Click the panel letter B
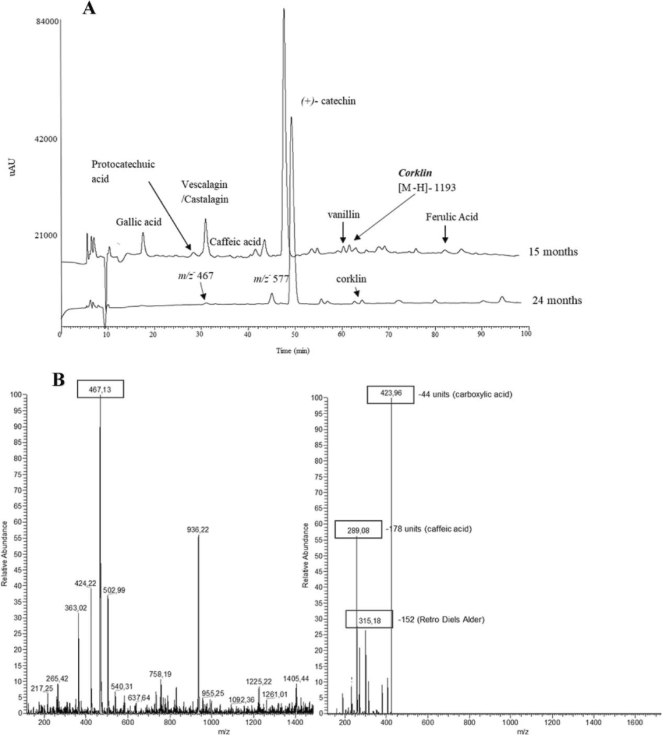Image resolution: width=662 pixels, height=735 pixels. coord(59,380)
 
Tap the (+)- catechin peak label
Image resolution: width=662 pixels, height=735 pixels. coord(328,101)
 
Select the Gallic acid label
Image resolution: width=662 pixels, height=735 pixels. coord(139,221)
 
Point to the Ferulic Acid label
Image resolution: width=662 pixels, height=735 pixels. coord(452,217)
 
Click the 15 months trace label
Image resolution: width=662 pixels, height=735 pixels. coord(553,252)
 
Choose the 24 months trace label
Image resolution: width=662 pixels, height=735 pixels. coord(558,301)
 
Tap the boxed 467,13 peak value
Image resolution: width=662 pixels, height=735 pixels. coord(101,389)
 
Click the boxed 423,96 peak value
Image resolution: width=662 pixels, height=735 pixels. coord(390,394)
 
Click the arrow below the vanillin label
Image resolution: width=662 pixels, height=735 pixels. coord(343,231)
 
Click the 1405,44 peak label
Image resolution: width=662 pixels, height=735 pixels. coord(297,678)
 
